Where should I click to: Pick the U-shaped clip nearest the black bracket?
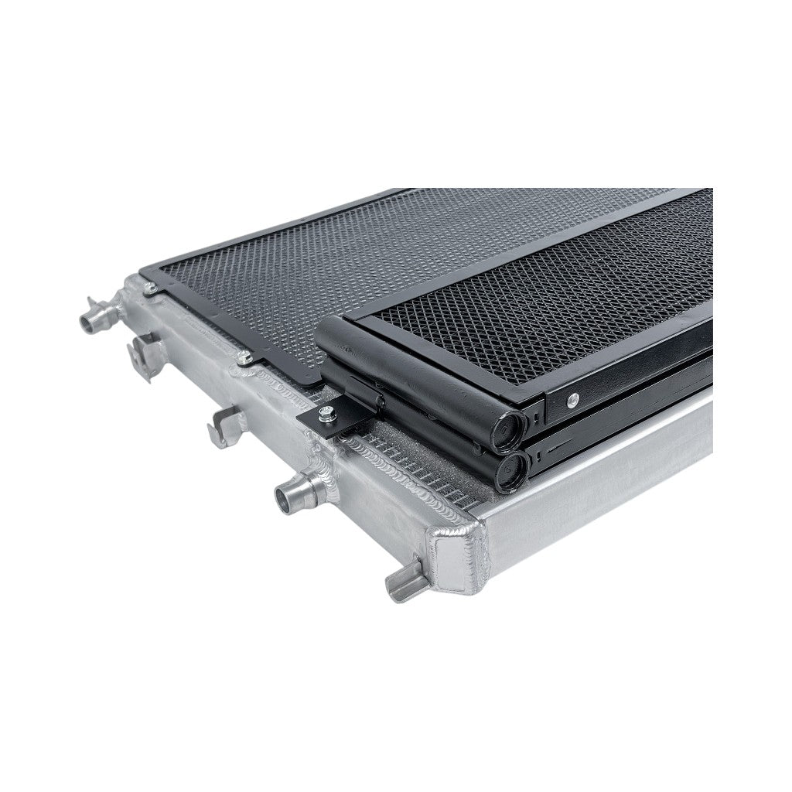[226, 423]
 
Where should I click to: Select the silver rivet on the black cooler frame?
[571, 400]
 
